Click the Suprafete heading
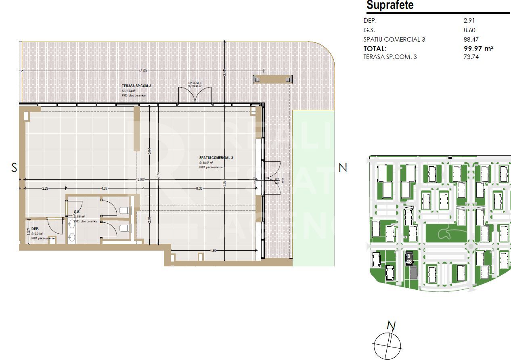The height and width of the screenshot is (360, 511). point(390,6)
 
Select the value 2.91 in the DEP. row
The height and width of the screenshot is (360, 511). point(469,20)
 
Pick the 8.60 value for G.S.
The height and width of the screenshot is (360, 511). point(469,30)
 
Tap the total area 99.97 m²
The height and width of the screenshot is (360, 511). point(479,48)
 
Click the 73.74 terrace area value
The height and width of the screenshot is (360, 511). point(471,57)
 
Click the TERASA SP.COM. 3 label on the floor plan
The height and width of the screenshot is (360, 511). point(137,86)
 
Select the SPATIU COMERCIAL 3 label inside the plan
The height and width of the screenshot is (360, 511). point(216,158)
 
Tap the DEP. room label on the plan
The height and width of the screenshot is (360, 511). point(35,228)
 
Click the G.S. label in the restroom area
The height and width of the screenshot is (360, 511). point(76,212)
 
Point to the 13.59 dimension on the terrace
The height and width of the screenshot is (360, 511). point(142,71)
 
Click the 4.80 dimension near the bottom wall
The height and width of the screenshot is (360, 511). point(213,251)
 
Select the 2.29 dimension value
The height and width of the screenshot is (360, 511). point(45,188)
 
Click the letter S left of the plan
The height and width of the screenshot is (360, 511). point(14,167)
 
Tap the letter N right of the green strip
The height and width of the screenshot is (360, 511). point(343,167)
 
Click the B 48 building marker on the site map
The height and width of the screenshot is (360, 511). point(409,258)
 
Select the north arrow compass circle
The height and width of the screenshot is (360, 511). point(388,346)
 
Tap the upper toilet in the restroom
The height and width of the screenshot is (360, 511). point(124,210)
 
